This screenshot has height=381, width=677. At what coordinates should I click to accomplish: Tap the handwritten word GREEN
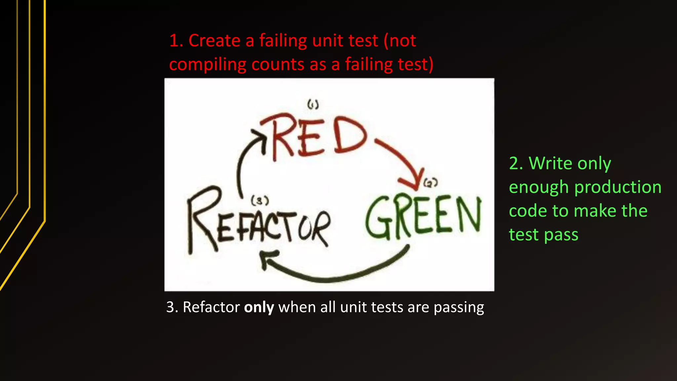click(x=423, y=217)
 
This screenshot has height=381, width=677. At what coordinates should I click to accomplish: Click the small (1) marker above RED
click(x=313, y=105)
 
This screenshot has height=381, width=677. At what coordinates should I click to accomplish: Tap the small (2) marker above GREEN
click(x=430, y=182)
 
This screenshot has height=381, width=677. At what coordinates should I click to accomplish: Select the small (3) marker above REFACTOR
click(x=260, y=200)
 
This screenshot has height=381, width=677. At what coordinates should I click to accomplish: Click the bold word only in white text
click(x=259, y=307)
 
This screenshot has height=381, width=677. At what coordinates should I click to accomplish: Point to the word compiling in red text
click(x=208, y=64)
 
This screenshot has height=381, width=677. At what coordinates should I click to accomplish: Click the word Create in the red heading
click(x=214, y=41)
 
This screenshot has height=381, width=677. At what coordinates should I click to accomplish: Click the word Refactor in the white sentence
click(x=211, y=307)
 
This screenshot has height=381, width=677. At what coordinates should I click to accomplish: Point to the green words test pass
click(x=543, y=235)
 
